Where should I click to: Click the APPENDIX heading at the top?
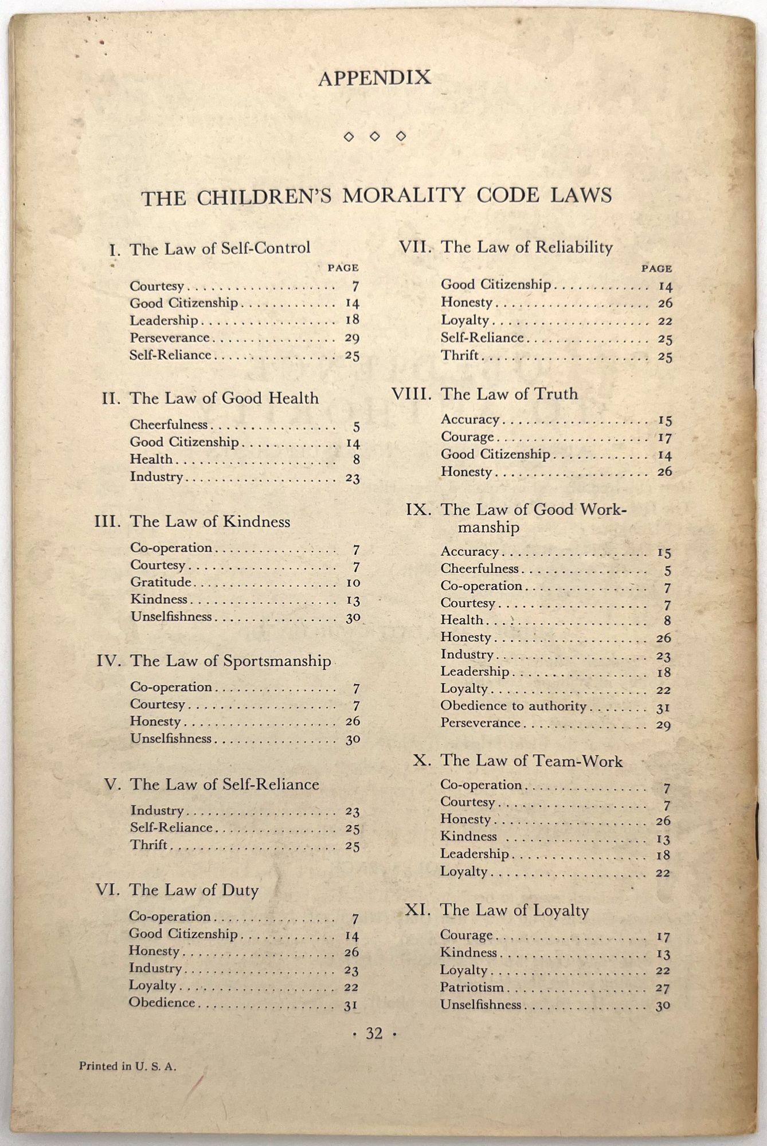[374, 77]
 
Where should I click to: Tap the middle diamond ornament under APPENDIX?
[374, 136]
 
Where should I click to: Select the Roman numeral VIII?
[411, 395]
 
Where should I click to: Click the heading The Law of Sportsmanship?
[230, 661]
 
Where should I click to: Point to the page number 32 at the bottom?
[374, 1033]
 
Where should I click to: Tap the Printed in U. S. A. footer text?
[128, 1066]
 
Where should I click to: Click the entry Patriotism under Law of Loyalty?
[472, 987]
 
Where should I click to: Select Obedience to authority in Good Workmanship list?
[513, 706]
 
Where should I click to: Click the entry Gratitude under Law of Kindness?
[161, 582]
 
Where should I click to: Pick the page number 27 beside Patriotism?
[663, 988]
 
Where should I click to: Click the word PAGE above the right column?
[656, 268]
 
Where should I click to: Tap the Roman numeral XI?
[417, 910]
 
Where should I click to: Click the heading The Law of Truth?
[509, 394]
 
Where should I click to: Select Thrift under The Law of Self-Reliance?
[148, 845]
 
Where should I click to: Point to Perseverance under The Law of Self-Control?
[169, 337]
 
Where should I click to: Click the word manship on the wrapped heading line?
[488, 527]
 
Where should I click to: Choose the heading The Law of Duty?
[194, 890]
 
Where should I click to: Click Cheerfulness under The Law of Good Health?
[169, 425]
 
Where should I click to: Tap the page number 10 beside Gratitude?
[353, 583]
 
